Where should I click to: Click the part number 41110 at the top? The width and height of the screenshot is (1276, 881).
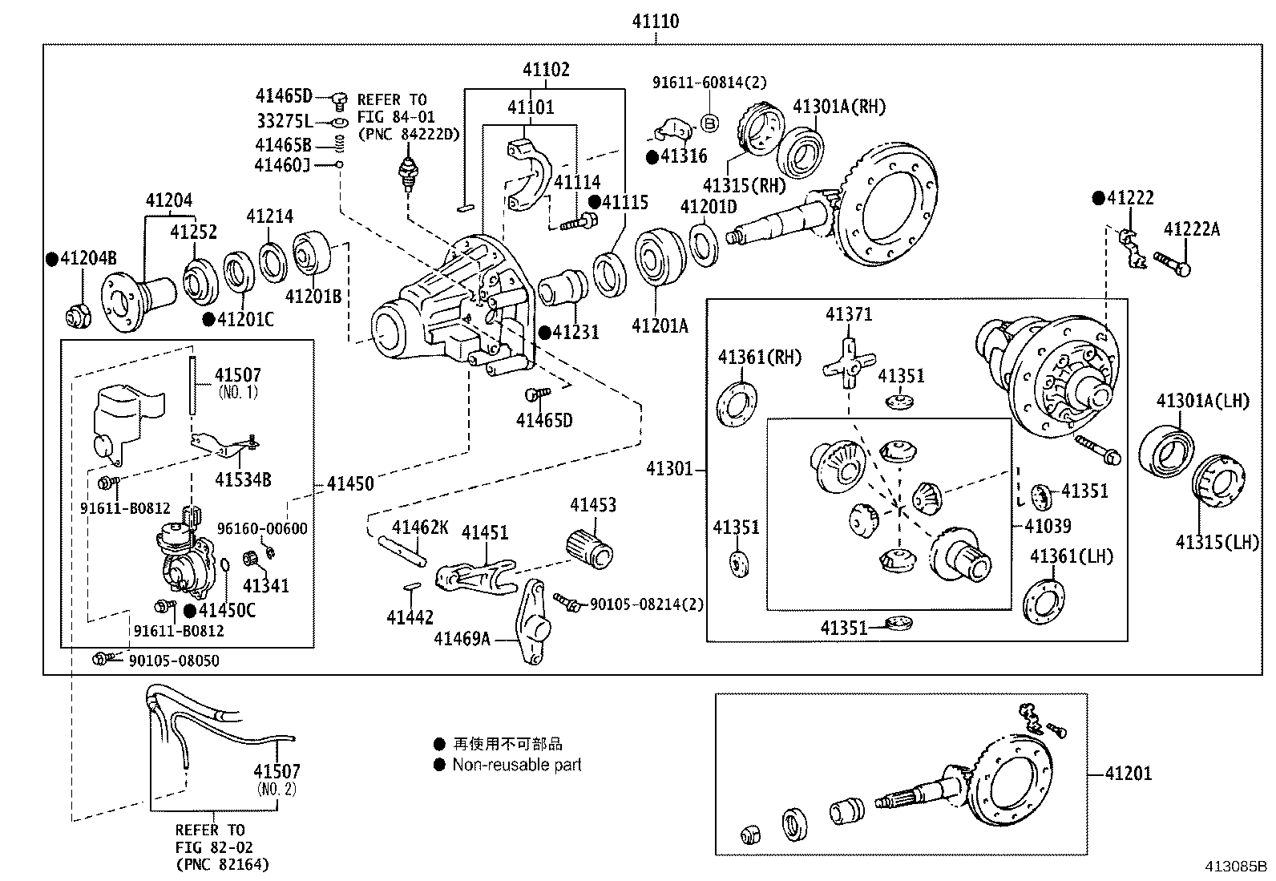(656, 22)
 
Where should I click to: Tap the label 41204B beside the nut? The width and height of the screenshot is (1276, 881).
(88, 258)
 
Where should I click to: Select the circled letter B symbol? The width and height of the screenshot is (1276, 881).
(709, 123)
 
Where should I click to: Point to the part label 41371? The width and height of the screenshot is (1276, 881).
(849, 314)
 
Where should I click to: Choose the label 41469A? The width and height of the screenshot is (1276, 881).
(462, 639)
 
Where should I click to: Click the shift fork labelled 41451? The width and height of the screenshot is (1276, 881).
(475, 576)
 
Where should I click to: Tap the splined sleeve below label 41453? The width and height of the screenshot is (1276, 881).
(590, 548)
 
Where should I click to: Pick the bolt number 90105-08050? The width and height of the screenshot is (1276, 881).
(174, 661)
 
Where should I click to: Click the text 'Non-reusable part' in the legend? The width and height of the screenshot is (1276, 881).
(517, 765)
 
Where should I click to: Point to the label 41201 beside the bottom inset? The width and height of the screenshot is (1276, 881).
(1129, 774)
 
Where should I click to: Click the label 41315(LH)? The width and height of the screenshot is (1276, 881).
(1217, 542)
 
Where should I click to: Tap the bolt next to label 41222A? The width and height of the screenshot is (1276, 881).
(1172, 265)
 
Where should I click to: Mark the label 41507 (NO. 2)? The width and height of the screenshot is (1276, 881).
(277, 779)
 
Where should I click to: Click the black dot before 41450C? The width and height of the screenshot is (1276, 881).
(190, 611)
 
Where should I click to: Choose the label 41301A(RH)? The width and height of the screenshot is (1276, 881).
(840, 107)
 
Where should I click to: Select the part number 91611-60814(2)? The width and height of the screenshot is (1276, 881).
(710, 83)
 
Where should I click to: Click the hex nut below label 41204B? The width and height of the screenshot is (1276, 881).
(78, 317)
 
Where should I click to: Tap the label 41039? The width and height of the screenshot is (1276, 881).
(1048, 525)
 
